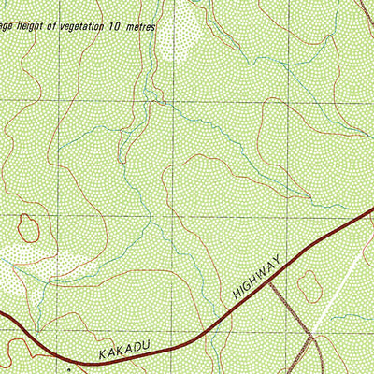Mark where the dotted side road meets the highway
pos(270,283)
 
